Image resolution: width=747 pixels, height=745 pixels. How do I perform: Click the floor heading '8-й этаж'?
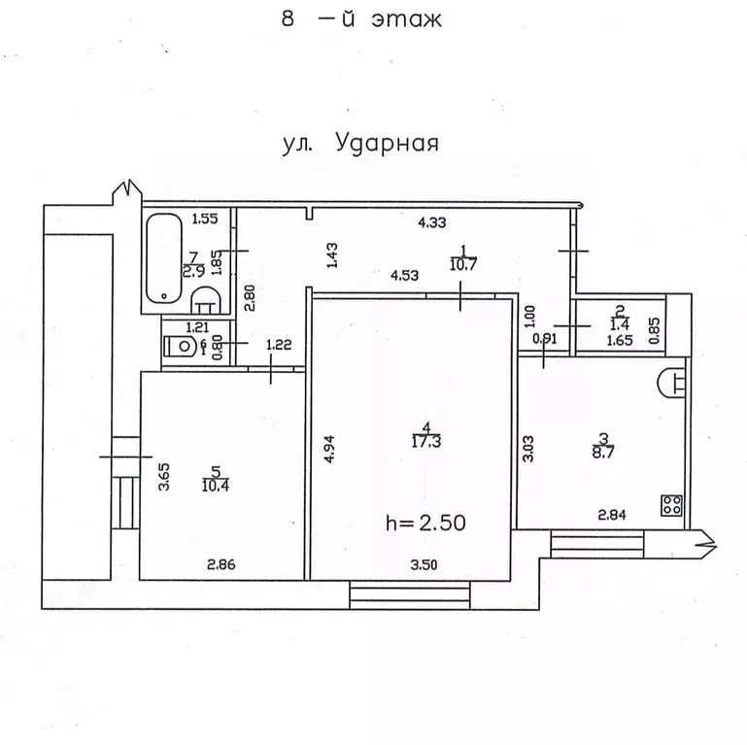pyautogui.click(x=361, y=18)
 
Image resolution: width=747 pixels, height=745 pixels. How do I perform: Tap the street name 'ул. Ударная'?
pyautogui.click(x=361, y=143)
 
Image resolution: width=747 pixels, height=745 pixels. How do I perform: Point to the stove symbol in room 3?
pyautogui.click(x=670, y=504)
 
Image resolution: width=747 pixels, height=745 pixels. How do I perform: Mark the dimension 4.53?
pyautogui.click(x=404, y=275)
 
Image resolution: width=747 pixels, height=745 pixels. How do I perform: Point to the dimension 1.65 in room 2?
pyautogui.click(x=619, y=342)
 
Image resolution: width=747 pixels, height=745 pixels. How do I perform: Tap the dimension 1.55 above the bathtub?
pyautogui.click(x=205, y=220)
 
